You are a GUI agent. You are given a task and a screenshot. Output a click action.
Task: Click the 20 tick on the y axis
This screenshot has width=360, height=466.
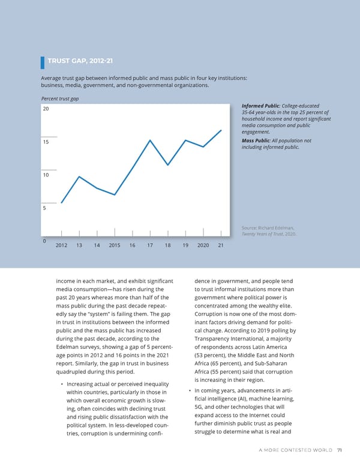click(45, 109)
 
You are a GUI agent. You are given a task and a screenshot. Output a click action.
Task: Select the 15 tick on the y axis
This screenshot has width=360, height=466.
click(45, 142)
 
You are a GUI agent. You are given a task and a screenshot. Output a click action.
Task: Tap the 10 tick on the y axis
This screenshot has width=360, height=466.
click(45, 175)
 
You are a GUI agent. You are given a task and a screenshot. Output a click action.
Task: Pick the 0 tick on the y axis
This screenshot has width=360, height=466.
click(44, 241)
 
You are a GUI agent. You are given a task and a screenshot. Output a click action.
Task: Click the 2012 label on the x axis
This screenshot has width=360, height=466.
click(61, 246)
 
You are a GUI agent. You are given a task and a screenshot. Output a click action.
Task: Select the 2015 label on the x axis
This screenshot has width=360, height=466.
click(115, 246)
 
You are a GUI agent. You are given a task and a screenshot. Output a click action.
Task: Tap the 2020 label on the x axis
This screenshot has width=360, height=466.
click(203, 246)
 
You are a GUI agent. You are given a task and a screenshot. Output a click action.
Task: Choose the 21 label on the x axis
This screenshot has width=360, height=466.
click(221, 246)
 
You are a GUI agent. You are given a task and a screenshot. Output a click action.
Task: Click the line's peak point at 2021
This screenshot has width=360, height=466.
click(221, 130)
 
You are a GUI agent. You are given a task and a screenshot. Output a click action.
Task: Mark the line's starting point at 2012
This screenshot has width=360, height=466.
click(61, 203)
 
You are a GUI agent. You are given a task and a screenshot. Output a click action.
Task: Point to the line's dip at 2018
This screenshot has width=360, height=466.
click(168, 165)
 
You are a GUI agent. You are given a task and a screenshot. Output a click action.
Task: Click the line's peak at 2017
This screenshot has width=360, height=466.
click(150, 140)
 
